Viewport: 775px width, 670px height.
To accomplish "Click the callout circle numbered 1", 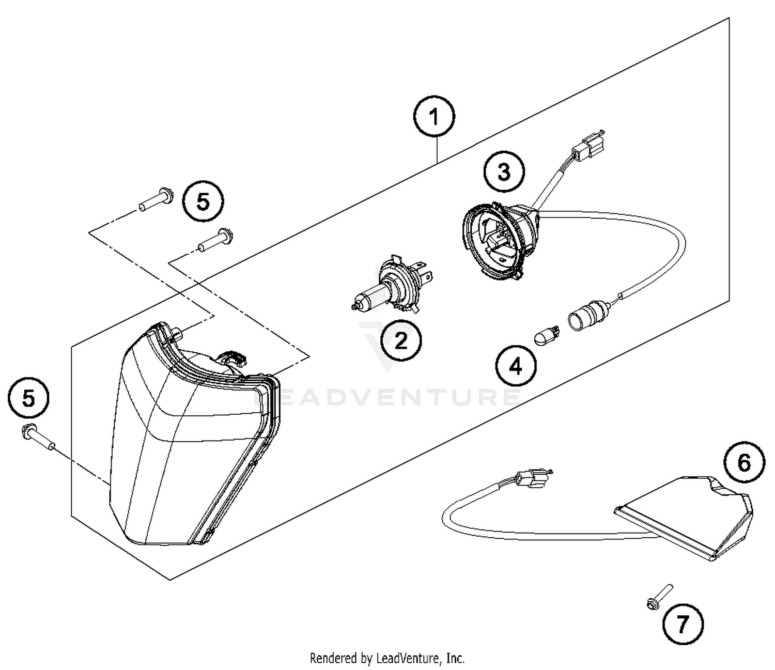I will (435, 117).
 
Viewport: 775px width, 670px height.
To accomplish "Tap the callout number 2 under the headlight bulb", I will (401, 341).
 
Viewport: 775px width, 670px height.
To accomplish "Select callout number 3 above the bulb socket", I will (504, 172).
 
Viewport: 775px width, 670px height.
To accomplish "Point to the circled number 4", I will (516, 367).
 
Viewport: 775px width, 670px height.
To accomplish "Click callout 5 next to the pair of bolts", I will (204, 201).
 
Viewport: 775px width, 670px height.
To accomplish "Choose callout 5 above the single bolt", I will (29, 399).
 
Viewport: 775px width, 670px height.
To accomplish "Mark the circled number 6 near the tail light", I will (744, 462).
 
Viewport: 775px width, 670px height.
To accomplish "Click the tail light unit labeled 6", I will (687, 517).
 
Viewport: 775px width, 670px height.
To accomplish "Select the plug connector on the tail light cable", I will (532, 479).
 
